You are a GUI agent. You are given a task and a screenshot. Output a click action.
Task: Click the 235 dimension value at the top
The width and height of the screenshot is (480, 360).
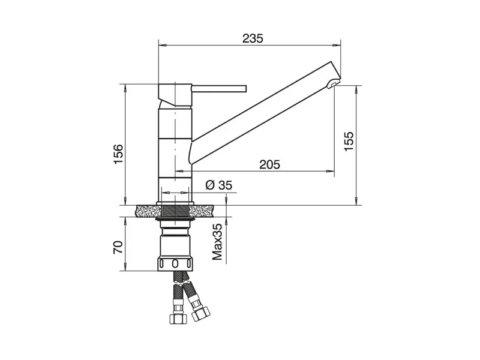coord(253,38)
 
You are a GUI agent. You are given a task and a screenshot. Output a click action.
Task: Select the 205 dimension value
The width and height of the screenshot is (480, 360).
coord(269,164)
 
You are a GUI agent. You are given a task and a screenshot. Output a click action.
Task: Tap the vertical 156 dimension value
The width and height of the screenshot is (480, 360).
coord(118,154)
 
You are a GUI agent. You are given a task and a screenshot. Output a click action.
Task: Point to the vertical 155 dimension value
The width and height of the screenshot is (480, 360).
coord(349,141)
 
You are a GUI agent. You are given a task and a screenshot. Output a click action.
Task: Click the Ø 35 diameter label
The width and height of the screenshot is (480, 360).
coord(219,185)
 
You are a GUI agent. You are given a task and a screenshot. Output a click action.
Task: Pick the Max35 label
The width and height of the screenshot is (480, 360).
coord(217,242)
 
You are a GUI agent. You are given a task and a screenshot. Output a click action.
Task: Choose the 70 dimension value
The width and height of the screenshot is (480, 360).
coord(118,247)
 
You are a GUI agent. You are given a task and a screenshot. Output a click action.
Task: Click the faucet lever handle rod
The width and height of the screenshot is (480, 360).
coord(219,88)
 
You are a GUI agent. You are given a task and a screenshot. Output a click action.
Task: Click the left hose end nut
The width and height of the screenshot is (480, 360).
coord(178,319)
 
